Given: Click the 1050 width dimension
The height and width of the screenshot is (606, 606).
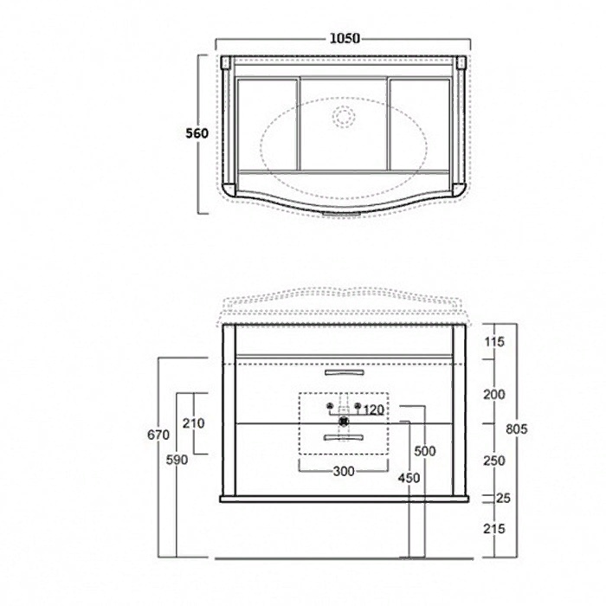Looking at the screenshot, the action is coord(345,38).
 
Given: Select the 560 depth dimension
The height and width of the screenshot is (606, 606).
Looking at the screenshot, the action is coord(197,133).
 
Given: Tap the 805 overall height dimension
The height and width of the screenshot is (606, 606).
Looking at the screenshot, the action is coord(516,429).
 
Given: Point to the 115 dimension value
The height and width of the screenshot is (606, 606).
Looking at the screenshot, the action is coord(494,342).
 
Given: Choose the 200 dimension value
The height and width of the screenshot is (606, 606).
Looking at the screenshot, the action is coord(494,395).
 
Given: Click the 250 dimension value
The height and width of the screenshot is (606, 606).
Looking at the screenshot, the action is coord(494,461).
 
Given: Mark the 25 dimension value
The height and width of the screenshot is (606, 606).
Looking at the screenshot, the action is coord(503,498).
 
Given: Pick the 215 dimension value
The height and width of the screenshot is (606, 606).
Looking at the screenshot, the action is coord(494,529).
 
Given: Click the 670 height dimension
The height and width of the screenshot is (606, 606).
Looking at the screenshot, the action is coord(158,435).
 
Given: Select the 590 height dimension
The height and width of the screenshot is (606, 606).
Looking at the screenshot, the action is coord(177,460).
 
